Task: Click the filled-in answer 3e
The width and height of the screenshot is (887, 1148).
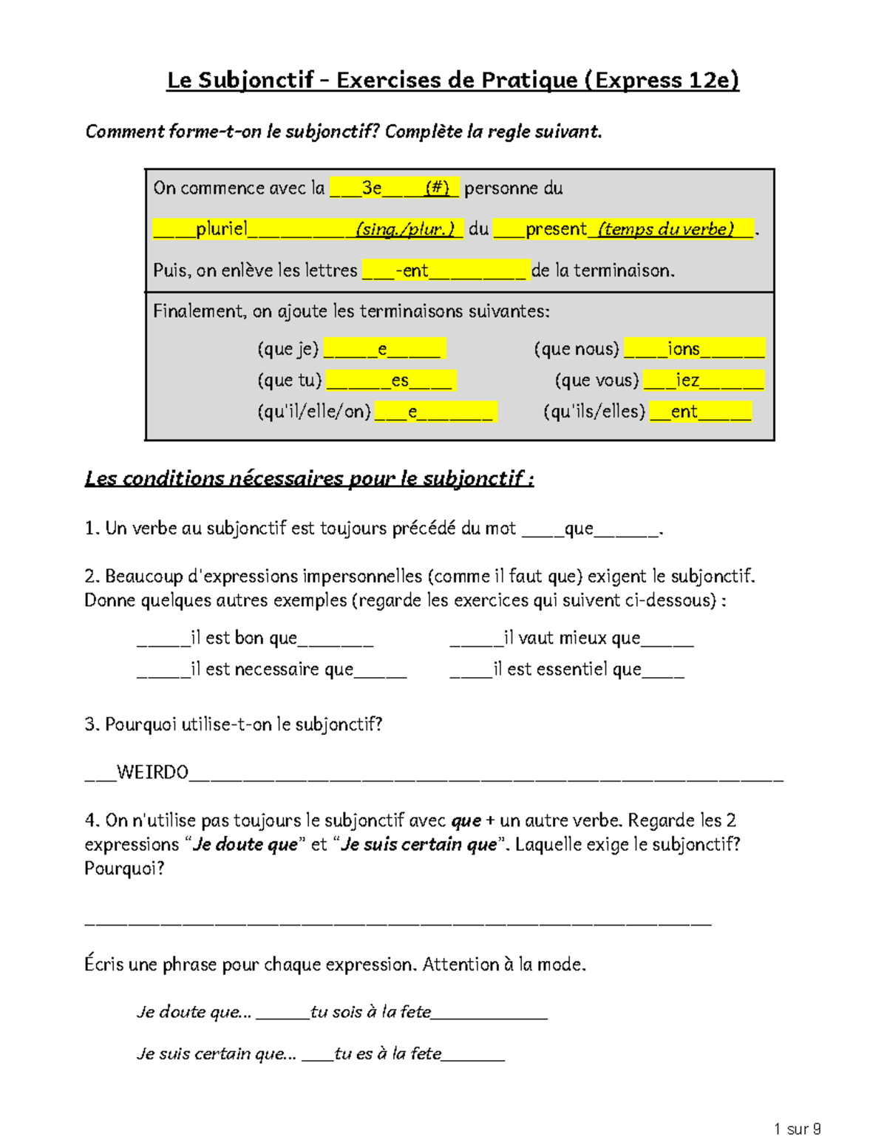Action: (372, 188)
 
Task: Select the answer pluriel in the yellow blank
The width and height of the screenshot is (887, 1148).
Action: (221, 228)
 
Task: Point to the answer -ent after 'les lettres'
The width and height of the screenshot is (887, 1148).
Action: (412, 271)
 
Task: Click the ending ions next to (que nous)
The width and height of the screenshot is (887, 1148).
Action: (683, 349)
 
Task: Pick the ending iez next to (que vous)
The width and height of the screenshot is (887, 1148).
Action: (687, 380)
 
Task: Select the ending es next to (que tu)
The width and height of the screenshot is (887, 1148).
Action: (400, 381)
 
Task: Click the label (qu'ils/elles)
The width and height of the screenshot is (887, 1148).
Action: (594, 412)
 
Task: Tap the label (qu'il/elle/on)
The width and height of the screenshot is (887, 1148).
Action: (314, 412)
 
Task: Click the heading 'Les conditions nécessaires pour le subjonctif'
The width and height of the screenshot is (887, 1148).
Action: (309, 478)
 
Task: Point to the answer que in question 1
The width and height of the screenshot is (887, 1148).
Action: (579, 529)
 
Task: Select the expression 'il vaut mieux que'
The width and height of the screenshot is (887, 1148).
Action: (572, 638)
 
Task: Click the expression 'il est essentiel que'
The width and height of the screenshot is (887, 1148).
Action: (567, 669)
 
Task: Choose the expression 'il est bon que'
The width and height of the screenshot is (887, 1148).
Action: (244, 638)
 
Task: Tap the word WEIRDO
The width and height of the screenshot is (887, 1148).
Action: (152, 772)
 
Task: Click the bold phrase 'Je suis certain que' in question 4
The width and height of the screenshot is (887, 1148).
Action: (419, 844)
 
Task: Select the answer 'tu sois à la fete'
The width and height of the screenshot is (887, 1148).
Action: (370, 1012)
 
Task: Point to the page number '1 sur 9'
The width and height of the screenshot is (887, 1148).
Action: (797, 1129)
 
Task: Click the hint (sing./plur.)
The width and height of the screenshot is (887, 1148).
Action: (405, 229)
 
